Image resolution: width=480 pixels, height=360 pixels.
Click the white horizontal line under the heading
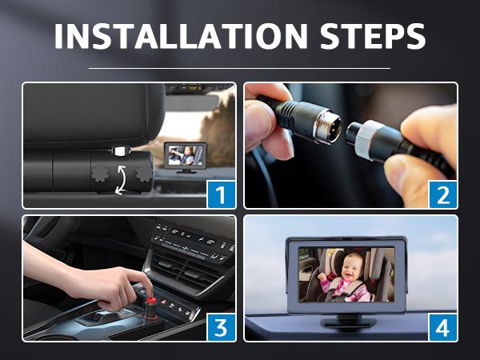(x=239, y=68)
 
